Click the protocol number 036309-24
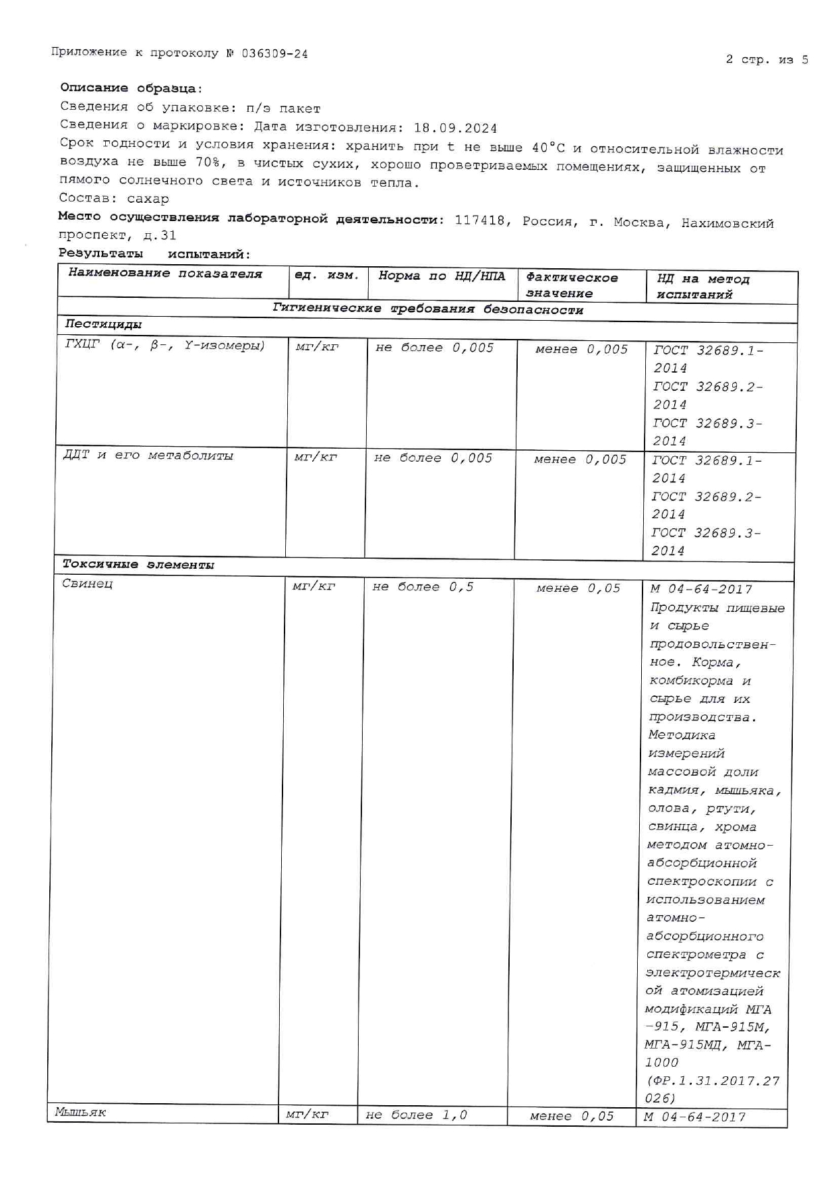pos(274,54)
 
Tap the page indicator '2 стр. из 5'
pos(767,59)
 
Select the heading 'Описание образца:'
pos(131,88)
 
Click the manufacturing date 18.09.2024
pos(455,128)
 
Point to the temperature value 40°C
pos(548,148)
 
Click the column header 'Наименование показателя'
pos(165,274)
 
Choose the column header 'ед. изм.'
pos(328,275)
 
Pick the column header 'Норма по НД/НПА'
pos(442,276)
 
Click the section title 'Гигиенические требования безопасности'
pos(427,309)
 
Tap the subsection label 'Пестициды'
pos(103,324)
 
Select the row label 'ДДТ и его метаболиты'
pos(148,456)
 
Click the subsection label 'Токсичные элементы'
pos(138,565)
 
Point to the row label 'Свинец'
pos(88,584)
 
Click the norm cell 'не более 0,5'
pos(423,587)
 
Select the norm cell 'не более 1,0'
pos(416,1115)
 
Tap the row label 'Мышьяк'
pos(80,1113)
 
